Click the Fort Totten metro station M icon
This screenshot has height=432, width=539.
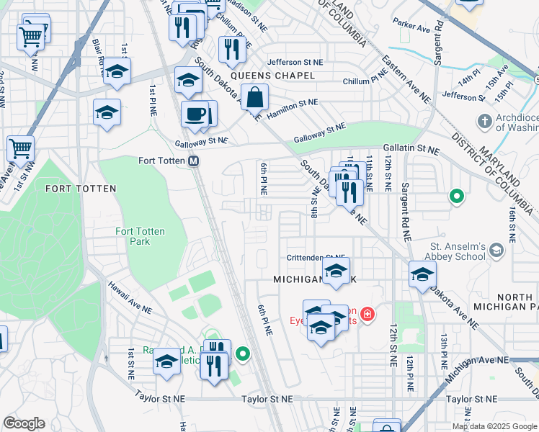[194, 161]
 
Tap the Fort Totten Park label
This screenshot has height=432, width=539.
[140, 236]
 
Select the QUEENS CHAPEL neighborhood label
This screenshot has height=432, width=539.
[273, 76]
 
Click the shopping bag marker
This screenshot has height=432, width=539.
[254, 96]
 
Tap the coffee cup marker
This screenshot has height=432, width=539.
[194, 113]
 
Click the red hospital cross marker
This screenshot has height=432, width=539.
[367, 314]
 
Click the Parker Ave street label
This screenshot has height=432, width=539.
[411, 26]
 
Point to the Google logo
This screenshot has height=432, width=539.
[24, 423]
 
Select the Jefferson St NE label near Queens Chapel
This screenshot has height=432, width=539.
[295, 63]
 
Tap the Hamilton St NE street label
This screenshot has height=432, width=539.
[292, 103]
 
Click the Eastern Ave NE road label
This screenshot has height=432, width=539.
[407, 77]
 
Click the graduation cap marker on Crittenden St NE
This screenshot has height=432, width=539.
[336, 271]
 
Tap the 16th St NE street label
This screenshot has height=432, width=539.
[512, 222]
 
